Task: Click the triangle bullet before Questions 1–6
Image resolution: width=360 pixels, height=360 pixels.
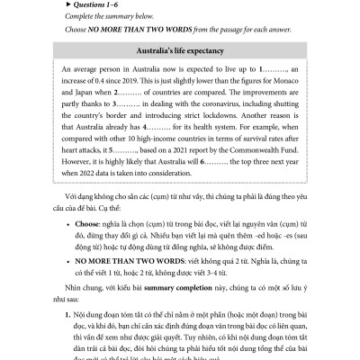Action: coord(45,6)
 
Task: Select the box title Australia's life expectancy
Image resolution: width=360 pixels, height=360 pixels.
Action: coord(180,49)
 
